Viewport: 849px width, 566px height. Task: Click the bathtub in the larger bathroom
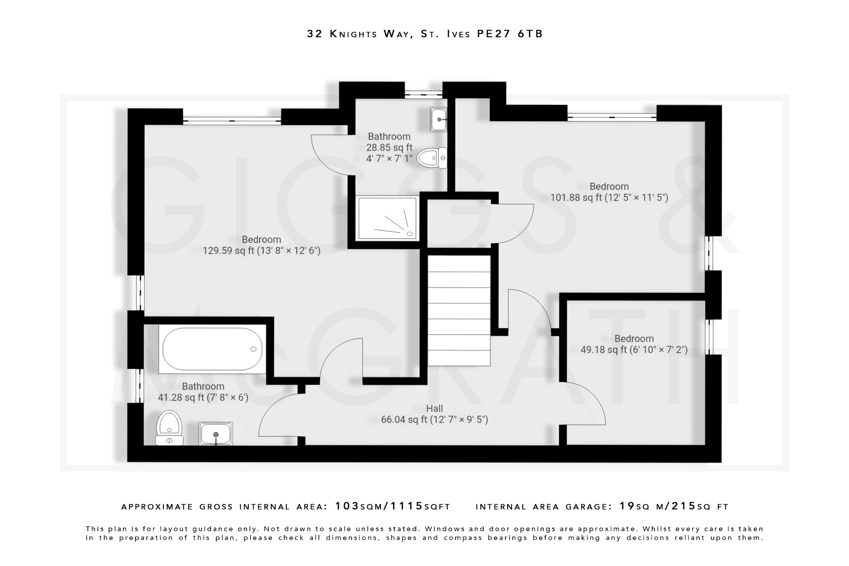(x=212, y=349)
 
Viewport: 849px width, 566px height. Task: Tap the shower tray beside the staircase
(x=387, y=219)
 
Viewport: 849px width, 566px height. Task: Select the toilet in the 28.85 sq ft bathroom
(x=432, y=158)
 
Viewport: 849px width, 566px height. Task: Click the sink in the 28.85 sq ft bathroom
(x=439, y=119)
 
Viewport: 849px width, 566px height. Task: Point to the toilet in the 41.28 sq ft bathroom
(x=169, y=428)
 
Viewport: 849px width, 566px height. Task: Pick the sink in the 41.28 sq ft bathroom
(x=216, y=434)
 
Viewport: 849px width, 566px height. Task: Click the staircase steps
(x=459, y=311)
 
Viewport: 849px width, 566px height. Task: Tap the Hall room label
(x=434, y=408)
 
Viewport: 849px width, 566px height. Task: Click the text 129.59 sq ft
(x=228, y=251)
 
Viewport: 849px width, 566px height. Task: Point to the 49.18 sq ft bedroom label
(x=634, y=339)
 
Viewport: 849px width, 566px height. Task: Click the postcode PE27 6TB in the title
(x=509, y=34)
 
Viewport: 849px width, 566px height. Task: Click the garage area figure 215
(x=683, y=506)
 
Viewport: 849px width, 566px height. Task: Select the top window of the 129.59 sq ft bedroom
(x=232, y=121)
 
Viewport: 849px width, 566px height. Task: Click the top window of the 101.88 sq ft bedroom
(x=611, y=117)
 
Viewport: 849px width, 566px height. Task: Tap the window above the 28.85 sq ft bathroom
(x=423, y=94)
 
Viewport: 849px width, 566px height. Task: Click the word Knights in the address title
(x=354, y=34)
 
